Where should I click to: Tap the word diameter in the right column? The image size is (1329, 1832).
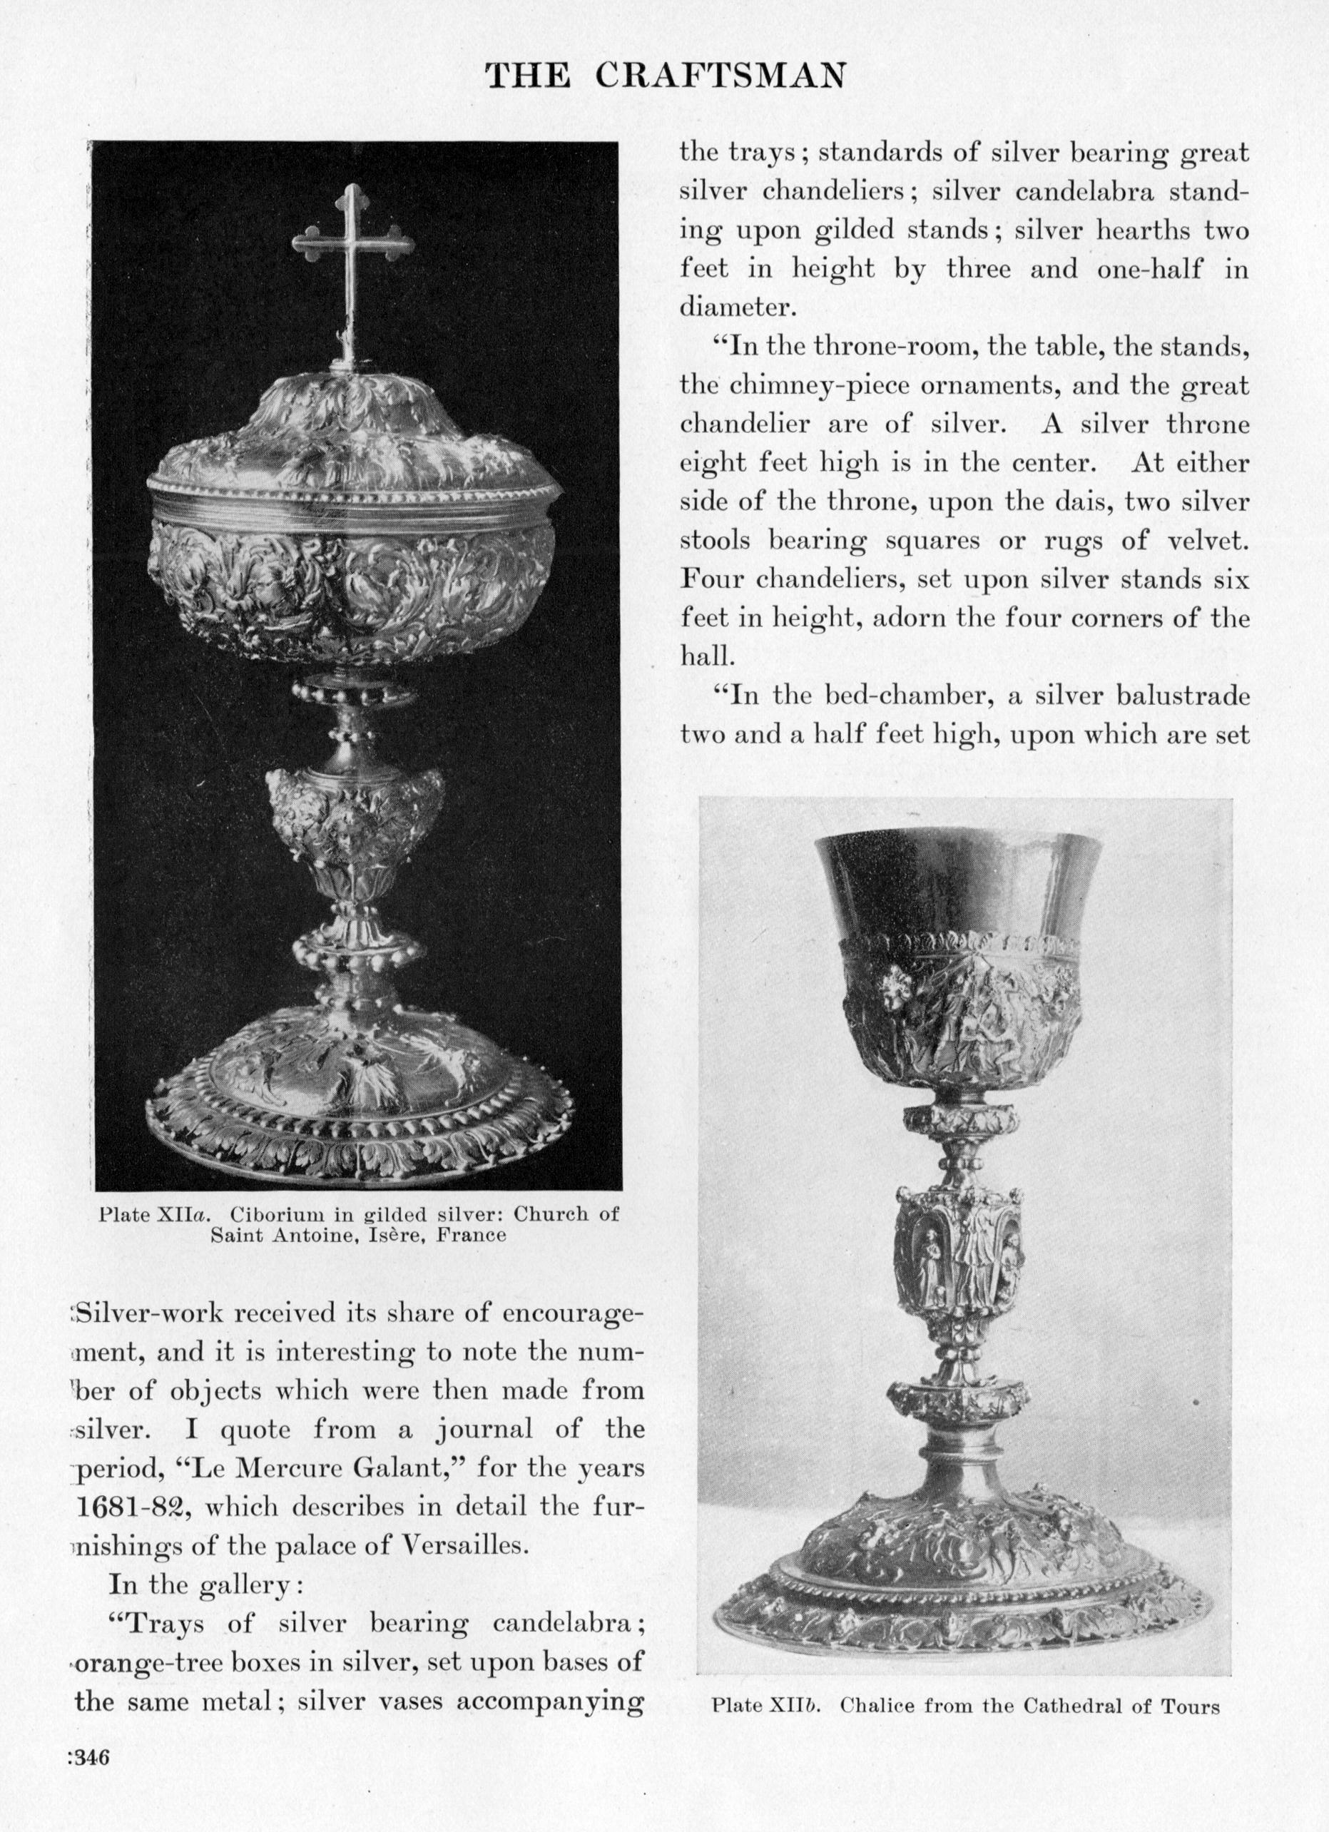coord(732,307)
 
